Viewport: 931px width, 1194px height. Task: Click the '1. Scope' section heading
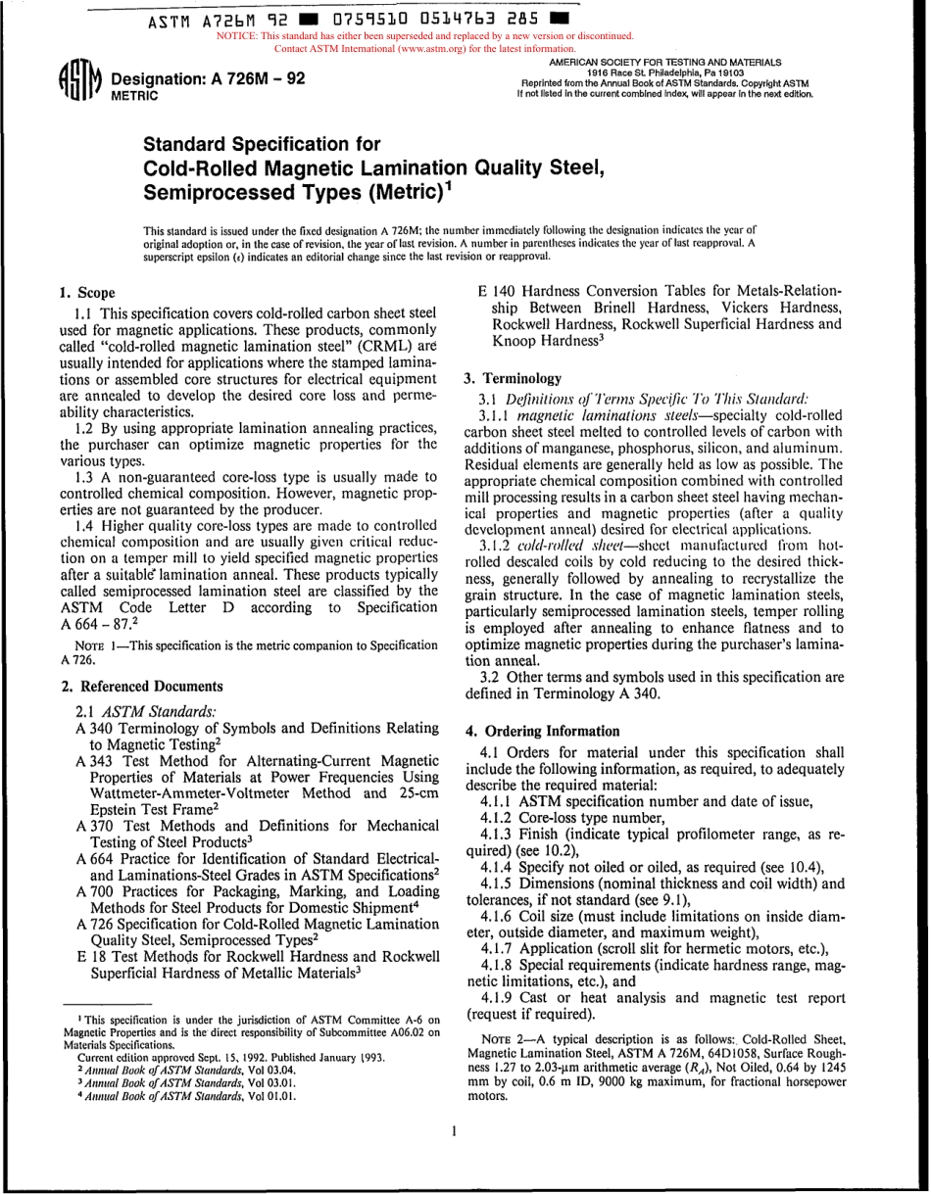87,293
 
